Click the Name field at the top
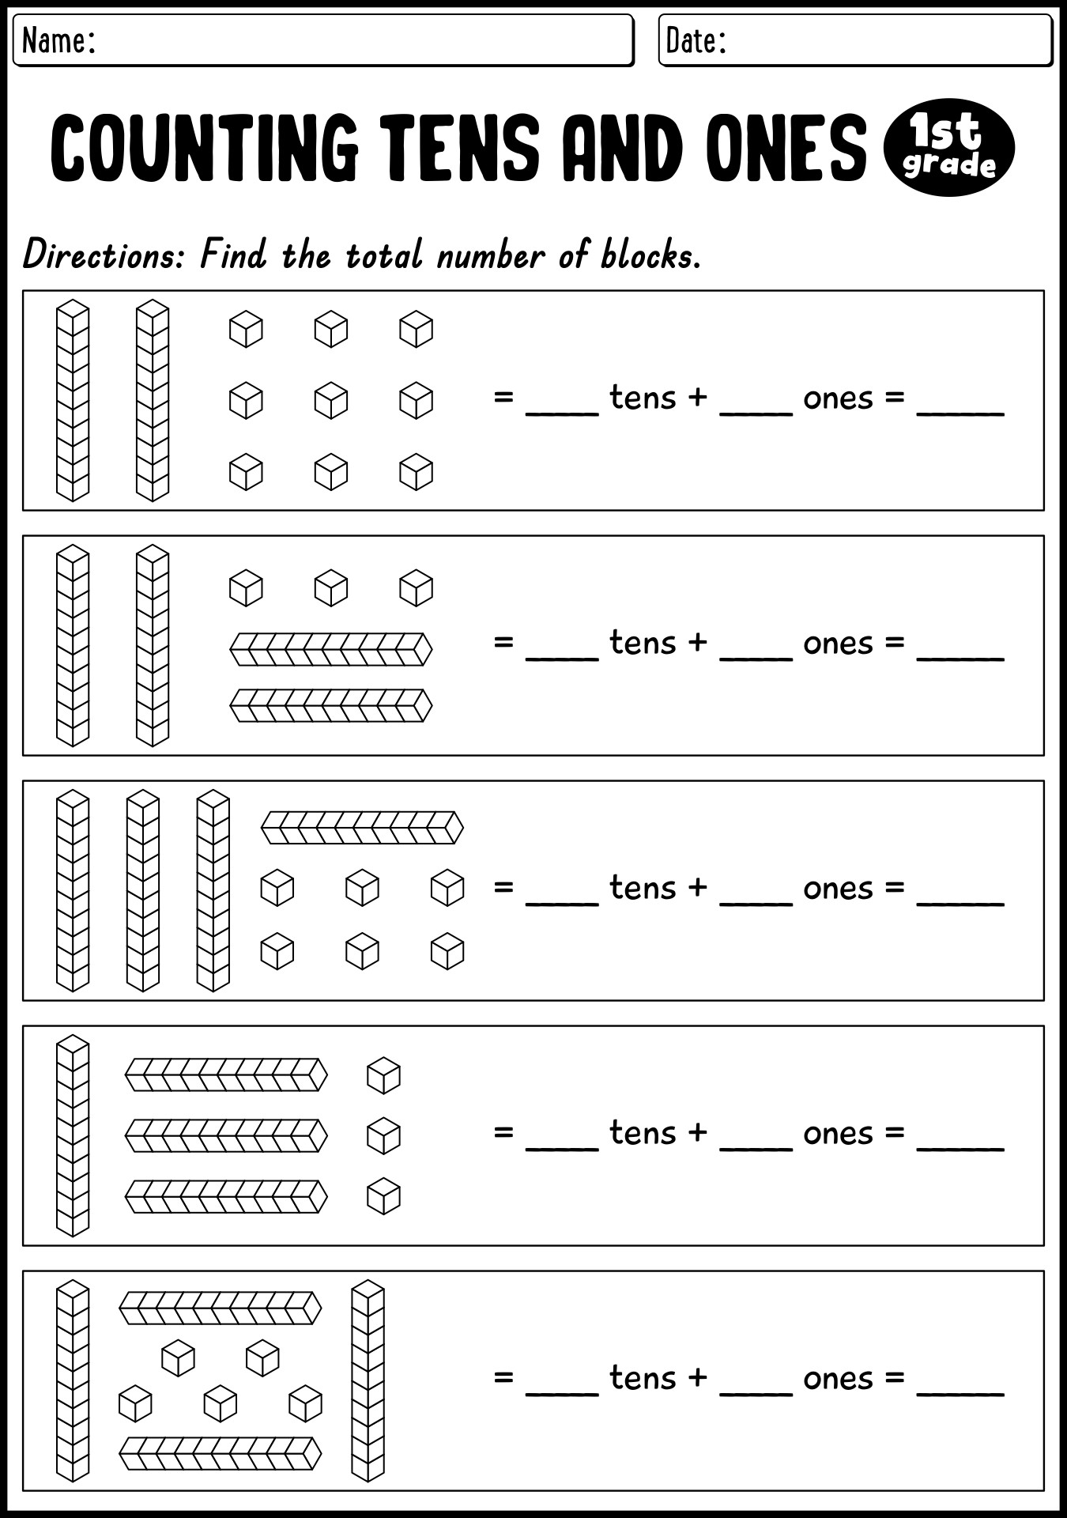pos(323,40)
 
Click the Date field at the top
pos(855,40)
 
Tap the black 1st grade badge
pos(948,147)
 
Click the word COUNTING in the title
pos(205,146)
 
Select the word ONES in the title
pos(786,146)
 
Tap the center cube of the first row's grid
pos(331,401)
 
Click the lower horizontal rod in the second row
pos(331,705)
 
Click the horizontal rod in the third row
pos(362,828)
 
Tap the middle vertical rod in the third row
pos(143,890)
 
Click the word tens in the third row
pos(643,888)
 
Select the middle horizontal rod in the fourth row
pos(226,1135)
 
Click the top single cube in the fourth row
pos(384,1075)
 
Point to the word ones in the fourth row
pos(839,1135)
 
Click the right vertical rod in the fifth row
pos(368,1380)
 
